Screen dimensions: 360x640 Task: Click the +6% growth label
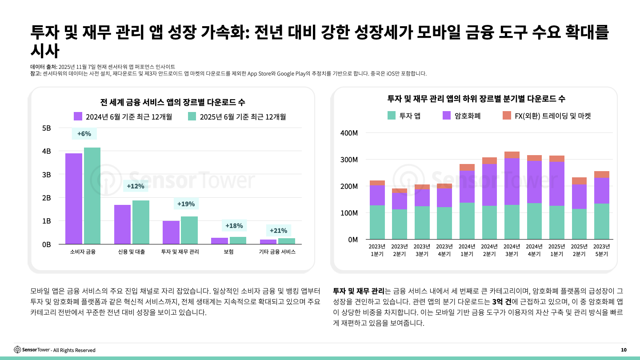click(84, 134)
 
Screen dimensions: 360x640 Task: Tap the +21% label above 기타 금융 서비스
click(279, 231)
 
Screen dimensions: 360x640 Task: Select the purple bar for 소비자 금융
click(74, 198)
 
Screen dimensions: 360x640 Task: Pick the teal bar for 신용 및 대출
click(141, 222)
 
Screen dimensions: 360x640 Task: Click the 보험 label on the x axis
click(229, 252)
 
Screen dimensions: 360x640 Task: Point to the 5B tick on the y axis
click(46, 128)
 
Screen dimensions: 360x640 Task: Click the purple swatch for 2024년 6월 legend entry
click(78, 116)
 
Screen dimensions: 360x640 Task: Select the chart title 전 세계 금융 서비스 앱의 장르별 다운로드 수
click(173, 102)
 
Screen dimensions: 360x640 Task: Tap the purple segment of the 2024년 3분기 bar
click(512, 181)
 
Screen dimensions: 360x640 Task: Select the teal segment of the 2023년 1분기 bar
click(377, 222)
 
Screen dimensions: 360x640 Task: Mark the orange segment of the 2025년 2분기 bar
click(579, 181)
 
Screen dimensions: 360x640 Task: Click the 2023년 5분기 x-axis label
click(601, 250)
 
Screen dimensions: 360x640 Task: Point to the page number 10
click(624, 350)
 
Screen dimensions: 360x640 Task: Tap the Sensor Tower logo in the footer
click(32, 350)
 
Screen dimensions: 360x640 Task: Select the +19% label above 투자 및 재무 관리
click(186, 204)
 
